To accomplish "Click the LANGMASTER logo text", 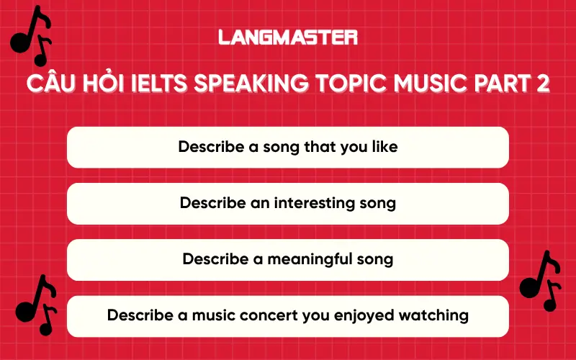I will (x=288, y=37).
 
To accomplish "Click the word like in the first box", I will (x=383, y=147).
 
